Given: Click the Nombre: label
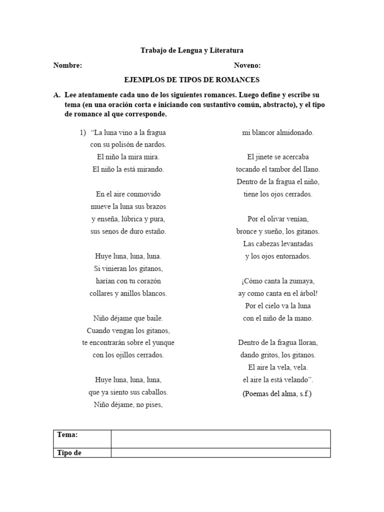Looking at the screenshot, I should pos(67,65).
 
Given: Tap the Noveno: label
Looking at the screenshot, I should pos(247,65).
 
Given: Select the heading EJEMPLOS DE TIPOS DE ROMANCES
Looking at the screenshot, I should pos(191,80).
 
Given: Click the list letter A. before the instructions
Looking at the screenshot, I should pos(56,94).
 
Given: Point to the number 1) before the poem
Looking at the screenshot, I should pos(83,132).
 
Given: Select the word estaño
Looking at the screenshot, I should pos(155,231).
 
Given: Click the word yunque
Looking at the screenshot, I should pos(164,343).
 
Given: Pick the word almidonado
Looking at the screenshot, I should pos(292,132).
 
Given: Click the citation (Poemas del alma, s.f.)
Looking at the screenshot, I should pos(277,393).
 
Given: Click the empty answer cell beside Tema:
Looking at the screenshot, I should pos(220,438).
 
